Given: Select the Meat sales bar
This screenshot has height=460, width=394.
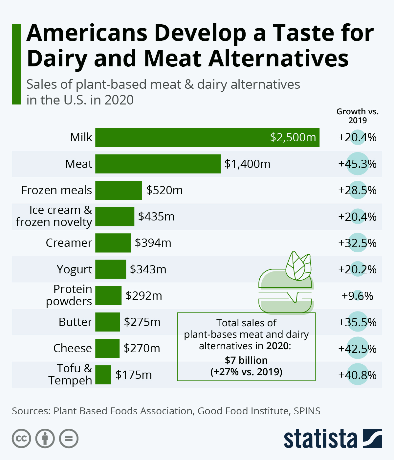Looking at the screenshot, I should tap(158, 164).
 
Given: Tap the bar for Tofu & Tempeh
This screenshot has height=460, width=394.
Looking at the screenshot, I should tap(103, 375).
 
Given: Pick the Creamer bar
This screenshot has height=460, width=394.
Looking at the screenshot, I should tap(113, 243).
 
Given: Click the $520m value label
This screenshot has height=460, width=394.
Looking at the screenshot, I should tap(164, 190).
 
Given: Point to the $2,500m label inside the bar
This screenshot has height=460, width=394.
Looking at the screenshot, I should tap(293, 137).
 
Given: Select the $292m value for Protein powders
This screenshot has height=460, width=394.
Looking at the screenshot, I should tap(144, 296).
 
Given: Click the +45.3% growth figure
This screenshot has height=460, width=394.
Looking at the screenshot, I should tap(357, 164).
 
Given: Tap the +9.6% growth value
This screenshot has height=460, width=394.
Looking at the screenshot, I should tap(357, 296).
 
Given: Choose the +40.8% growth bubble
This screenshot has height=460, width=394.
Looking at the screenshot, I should tap(357, 375).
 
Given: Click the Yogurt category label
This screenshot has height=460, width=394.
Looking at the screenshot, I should tap(75, 269).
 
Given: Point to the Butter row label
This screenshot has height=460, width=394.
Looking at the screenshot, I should tap(75, 322).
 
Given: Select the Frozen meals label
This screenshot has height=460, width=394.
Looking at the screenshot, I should tap(56, 190).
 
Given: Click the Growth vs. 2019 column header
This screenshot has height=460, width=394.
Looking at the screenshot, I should tap(357, 116).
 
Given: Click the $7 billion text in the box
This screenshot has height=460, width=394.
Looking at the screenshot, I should tap(246, 360).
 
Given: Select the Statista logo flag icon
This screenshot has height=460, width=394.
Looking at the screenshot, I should tap(372, 438).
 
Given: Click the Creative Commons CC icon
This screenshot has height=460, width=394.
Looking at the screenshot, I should tap(21, 438).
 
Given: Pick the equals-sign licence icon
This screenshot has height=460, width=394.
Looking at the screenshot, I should tap(69, 438).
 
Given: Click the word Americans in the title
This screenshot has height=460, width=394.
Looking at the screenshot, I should tap(87, 33).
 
